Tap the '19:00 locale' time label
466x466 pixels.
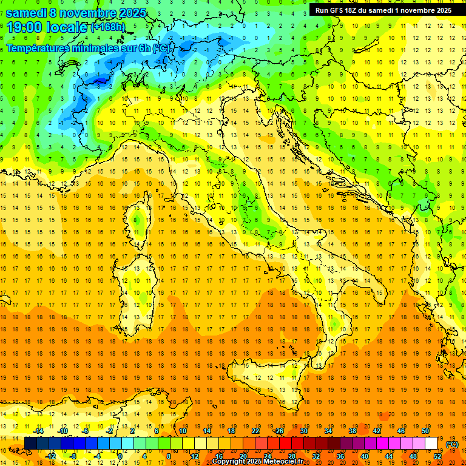click(47, 27)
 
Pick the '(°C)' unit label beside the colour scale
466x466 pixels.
click(452, 444)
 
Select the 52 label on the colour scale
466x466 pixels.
click(437, 456)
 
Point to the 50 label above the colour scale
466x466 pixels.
click(425, 431)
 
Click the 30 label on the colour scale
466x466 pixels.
click(304, 431)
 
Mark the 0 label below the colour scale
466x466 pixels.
click(120, 456)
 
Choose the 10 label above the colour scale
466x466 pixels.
click(183, 431)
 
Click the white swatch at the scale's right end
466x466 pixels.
click(431, 444)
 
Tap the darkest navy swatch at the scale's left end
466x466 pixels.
click(30, 444)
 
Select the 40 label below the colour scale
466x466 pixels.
click(364, 456)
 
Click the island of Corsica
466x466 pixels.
click(140, 218)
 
